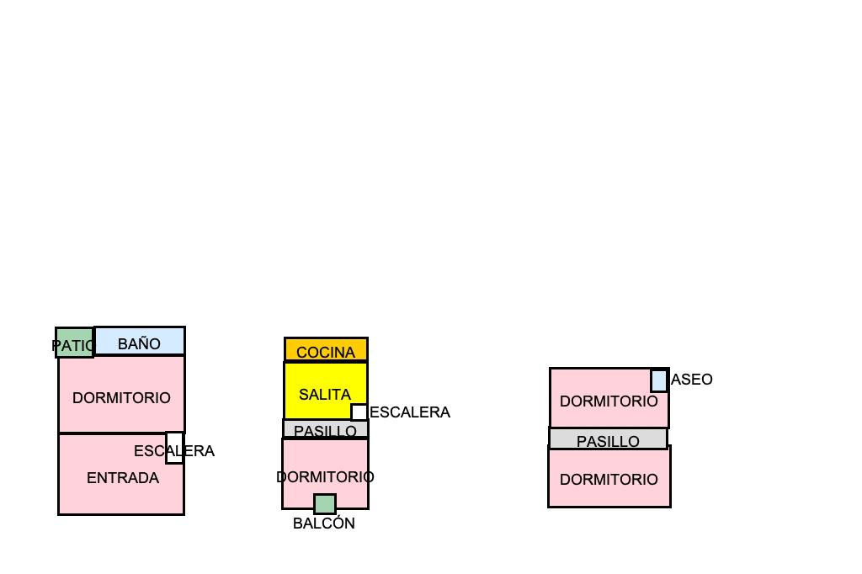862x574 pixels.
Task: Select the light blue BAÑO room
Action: pos(140,341)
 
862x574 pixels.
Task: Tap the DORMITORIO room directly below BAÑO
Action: pos(121,394)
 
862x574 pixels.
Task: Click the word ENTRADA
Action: pos(123,478)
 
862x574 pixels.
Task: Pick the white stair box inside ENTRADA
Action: pos(174,448)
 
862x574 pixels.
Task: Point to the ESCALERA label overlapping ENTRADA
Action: pos(152,451)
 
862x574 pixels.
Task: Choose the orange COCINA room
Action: pos(326,349)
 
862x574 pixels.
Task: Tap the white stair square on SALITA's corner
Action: pos(359,412)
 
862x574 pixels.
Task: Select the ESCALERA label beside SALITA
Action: pos(410,412)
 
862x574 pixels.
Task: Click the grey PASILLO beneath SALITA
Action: pos(325,430)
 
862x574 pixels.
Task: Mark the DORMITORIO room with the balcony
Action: pos(325,471)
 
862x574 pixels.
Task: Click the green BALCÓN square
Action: pos(325,504)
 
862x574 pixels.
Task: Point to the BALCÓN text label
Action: pos(324,524)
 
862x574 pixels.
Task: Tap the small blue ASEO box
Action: pos(659,380)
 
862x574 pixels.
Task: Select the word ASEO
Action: pos(692,380)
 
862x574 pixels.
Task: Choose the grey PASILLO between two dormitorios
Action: pos(608,439)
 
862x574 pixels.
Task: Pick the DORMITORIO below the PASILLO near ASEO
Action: pos(609,478)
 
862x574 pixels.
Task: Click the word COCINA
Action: pos(326,353)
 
